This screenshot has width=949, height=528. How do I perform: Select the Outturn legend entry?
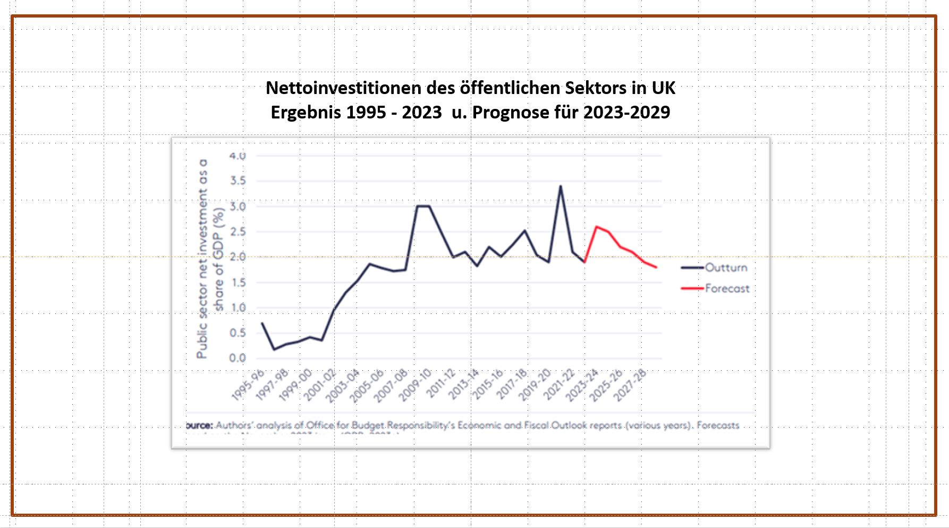coord(726,268)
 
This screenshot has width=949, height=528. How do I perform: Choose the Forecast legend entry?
coord(727,288)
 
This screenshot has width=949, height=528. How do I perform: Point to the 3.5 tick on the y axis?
coord(238,181)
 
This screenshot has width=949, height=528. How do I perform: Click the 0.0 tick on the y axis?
coord(238,358)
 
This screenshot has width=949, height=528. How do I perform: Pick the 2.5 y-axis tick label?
coord(238,232)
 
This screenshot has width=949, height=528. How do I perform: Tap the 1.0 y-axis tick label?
coord(238,308)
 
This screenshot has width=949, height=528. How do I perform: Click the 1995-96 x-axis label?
coord(248,385)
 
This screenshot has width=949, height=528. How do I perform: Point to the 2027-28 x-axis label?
coord(630,385)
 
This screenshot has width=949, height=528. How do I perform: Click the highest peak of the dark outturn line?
coord(561,186)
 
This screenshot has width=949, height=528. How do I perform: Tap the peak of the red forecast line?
coord(596,227)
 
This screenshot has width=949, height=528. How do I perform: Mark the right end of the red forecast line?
coord(657,267)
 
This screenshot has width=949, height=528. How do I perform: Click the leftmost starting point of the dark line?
coord(262,323)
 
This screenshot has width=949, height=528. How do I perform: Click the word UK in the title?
coord(663,88)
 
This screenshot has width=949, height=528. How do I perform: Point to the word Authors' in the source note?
coord(234,425)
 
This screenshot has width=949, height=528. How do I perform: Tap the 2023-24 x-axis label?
coord(582,385)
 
